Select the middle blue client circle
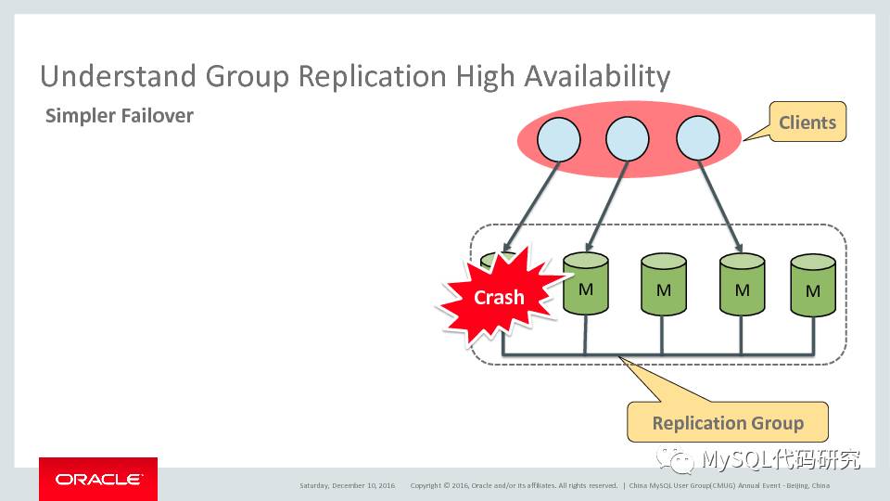pyautogui.click(x=628, y=139)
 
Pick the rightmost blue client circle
pyautogui.click(x=697, y=139)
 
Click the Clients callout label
pyautogui.click(x=807, y=122)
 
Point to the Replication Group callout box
pyautogui.click(x=727, y=423)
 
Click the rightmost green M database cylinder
pyautogui.click(x=813, y=289)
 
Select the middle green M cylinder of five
pyautogui.click(x=664, y=289)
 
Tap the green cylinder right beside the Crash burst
pyautogui.click(x=585, y=288)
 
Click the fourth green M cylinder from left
pyautogui.click(x=742, y=289)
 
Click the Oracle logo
pyautogui.click(x=98, y=479)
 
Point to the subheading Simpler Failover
pyautogui.click(x=120, y=117)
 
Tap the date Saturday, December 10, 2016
pyautogui.click(x=348, y=485)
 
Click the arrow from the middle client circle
pyautogui.click(x=605, y=209)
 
